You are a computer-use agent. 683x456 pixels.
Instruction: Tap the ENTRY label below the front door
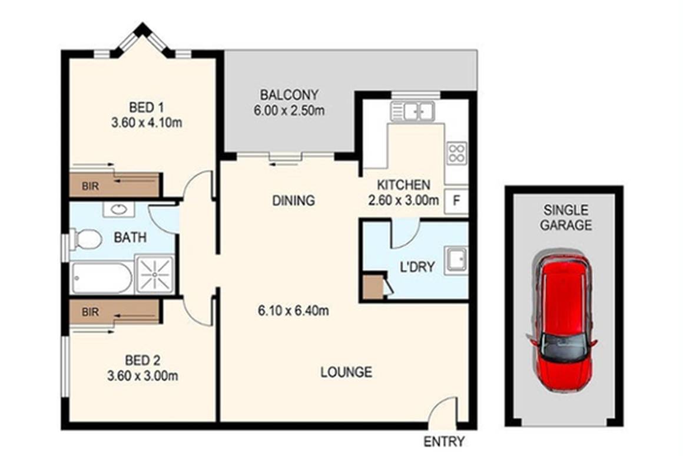[444, 441]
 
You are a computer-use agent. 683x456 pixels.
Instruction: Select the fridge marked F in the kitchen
[456, 201]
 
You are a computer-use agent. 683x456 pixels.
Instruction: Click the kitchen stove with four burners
[456, 153]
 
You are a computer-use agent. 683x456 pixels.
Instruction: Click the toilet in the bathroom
[86, 239]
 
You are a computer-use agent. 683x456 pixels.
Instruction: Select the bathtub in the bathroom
[101, 277]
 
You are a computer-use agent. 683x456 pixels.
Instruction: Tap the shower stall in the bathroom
[155, 273]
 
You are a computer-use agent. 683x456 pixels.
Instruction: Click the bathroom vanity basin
[118, 210]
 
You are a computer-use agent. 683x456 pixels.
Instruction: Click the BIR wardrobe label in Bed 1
[90, 187]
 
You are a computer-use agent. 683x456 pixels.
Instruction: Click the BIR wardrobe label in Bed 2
[90, 310]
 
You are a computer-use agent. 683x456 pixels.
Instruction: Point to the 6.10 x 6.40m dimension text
[293, 311]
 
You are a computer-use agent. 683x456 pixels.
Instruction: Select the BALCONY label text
[289, 94]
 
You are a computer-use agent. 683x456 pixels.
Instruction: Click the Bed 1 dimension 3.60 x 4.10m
[146, 124]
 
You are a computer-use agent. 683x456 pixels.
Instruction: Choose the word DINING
[293, 200]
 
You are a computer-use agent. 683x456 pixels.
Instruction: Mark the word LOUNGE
[346, 372]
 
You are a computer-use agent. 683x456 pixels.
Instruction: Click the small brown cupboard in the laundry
[373, 287]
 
